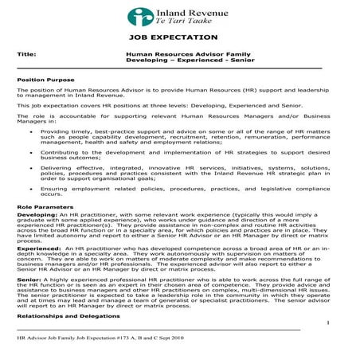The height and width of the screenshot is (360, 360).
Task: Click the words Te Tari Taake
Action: click(x=184, y=25)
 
